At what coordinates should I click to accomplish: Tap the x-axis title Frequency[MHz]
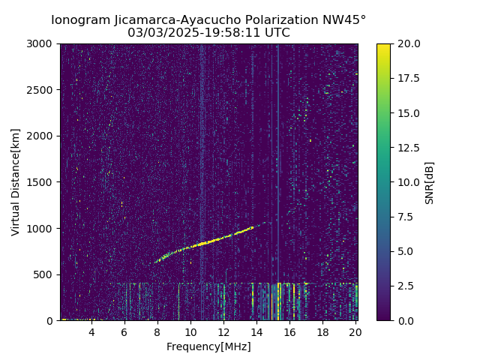pos(208,346)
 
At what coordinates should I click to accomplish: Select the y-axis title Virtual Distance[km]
pos(16,182)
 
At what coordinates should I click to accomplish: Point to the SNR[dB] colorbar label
pos(430,182)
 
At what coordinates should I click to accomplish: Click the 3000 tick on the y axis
pos(42,44)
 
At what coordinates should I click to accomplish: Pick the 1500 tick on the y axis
pos(42,182)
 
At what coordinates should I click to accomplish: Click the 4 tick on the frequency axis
pos(91,332)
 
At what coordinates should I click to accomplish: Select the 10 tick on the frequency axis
pos(190,332)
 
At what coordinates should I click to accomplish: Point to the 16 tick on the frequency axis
pos(289,332)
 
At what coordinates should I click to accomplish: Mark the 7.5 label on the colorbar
pos(406,217)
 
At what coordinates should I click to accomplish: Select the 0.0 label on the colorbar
pos(406,320)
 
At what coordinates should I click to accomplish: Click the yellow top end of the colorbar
pos(383,46)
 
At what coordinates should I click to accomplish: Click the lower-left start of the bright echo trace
pos(156,262)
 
